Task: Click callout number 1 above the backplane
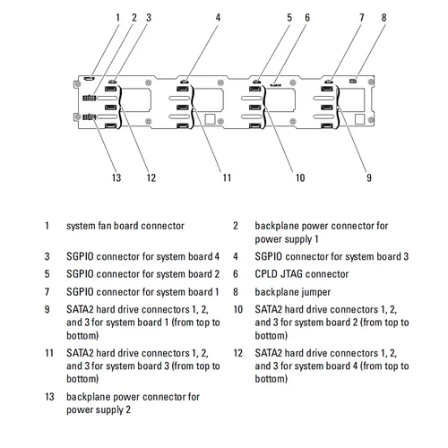point(117,18)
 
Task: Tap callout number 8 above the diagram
point(383,18)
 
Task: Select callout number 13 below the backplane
point(116,177)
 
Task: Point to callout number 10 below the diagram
point(300,177)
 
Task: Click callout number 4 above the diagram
point(218,18)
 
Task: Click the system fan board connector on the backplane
point(89,79)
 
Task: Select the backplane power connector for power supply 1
point(90,98)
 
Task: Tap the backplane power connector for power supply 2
point(90,117)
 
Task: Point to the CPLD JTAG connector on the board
point(275,85)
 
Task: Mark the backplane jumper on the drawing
point(353,81)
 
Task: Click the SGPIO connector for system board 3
point(185,81)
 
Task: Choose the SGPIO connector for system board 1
point(329,81)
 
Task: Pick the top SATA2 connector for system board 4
point(111,89)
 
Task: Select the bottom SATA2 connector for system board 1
point(327,126)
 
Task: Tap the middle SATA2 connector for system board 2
point(254,108)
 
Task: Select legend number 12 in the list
point(237,353)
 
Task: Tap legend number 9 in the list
point(47,309)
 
